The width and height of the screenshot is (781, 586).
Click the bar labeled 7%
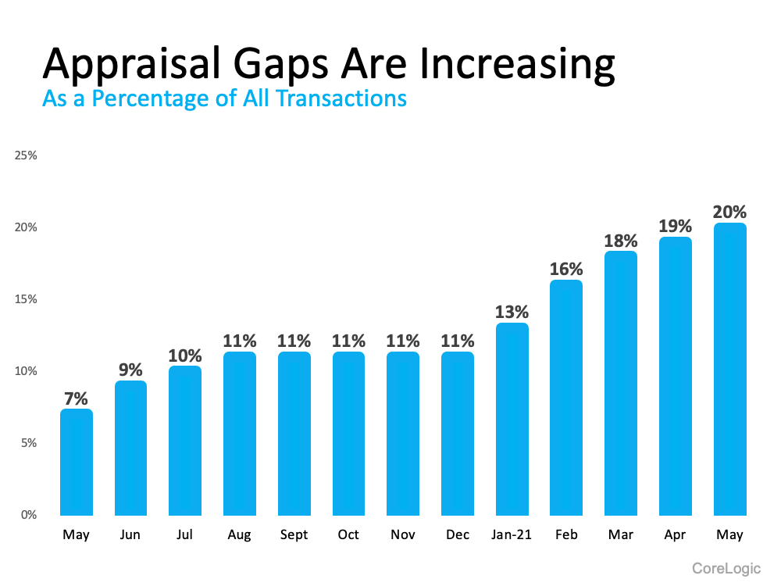pyautogui.click(x=77, y=463)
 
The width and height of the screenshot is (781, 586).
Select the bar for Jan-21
pyautogui.click(x=512, y=420)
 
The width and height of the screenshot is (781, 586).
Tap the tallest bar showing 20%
pyautogui.click(x=729, y=370)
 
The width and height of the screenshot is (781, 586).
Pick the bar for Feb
pyautogui.click(x=566, y=398)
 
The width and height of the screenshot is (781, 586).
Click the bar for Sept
pyautogui.click(x=294, y=434)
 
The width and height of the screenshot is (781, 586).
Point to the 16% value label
pyautogui.click(x=566, y=269)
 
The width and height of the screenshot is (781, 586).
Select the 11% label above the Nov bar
pyautogui.click(x=403, y=341)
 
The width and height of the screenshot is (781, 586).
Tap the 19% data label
pyautogui.click(x=675, y=226)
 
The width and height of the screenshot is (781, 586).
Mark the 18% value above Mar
pyautogui.click(x=621, y=240)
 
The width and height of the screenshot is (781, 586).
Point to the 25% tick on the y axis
pyautogui.click(x=27, y=155)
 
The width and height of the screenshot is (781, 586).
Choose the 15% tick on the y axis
pyautogui.click(x=27, y=299)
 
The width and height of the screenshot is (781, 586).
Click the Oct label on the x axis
pyautogui.click(x=348, y=535)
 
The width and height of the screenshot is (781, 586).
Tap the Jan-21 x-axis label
pyautogui.click(x=512, y=535)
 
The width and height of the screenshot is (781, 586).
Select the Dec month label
pyautogui.click(x=457, y=535)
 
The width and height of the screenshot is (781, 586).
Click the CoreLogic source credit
pyautogui.click(x=726, y=568)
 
